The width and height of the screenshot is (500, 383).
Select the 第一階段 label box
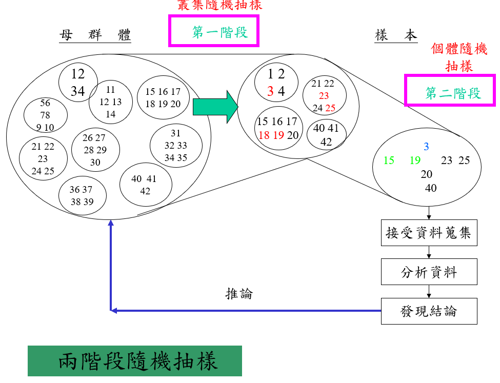[x=214, y=31]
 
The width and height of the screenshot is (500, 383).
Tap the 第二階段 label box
[x=450, y=91]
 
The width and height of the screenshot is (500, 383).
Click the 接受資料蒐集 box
[x=429, y=234]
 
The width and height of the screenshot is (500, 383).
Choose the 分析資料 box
[x=429, y=272]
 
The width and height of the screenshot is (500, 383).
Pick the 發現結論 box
[x=429, y=311]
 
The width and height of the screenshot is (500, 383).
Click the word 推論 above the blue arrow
[x=239, y=294]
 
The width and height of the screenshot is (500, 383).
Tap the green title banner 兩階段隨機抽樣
[x=135, y=361]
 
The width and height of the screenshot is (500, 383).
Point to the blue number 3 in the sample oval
[x=426, y=147]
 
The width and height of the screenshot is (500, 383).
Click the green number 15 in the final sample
[x=389, y=160]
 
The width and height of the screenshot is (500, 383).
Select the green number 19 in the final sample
[x=415, y=160]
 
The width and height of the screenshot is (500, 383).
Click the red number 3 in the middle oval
[x=270, y=92]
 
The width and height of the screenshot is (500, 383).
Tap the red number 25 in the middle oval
[x=330, y=108]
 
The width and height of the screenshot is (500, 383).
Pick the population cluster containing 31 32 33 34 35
[x=176, y=146]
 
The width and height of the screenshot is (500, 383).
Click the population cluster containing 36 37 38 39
[x=83, y=196]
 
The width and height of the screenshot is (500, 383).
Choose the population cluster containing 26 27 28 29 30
[x=95, y=150]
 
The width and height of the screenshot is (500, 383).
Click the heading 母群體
[x=95, y=35]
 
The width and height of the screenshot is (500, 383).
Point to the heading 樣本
[x=396, y=35]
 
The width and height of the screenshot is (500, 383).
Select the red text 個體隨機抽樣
[x=459, y=57]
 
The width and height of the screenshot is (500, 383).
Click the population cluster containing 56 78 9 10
[x=45, y=115]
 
